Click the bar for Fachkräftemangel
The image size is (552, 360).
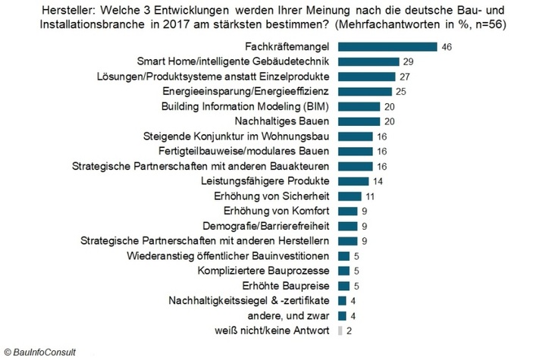[x=387, y=47]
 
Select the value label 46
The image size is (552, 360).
[x=447, y=47]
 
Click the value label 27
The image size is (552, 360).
[x=405, y=77]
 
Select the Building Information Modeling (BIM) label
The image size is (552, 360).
[x=247, y=106]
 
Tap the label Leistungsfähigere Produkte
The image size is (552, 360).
[x=265, y=181]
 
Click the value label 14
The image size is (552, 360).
[x=377, y=181]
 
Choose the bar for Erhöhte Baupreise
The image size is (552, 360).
[x=343, y=286]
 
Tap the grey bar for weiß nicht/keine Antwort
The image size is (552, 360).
[x=339, y=330]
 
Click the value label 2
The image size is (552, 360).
[x=350, y=330]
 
